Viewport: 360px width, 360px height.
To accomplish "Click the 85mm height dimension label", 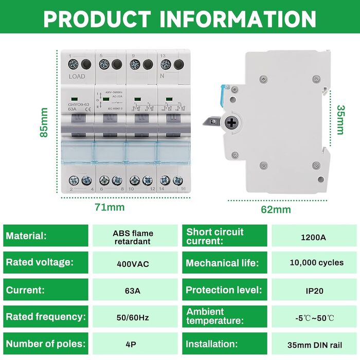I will (x=45, y=122).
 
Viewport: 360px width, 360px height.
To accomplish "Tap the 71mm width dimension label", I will (x=109, y=207).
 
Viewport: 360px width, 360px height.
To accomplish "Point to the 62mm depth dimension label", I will (x=276, y=209).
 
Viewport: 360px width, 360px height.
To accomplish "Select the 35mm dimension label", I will (x=340, y=120).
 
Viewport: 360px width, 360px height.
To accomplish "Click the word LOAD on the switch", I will (x=77, y=77).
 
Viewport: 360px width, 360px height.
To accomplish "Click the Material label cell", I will (x=46, y=236).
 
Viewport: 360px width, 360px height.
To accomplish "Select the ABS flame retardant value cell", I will (x=133, y=237).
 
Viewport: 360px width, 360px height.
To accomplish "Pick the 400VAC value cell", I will (x=133, y=264).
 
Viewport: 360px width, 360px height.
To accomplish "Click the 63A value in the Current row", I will (x=133, y=291).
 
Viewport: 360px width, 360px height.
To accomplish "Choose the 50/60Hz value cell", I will (x=133, y=317).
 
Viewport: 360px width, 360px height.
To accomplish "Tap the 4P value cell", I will (x=133, y=344).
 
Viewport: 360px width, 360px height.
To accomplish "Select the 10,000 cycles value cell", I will (x=316, y=263).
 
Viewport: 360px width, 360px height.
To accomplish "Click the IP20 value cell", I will (x=315, y=291).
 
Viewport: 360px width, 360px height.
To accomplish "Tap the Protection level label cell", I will (x=224, y=290).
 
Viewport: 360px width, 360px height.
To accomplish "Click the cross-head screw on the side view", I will (x=231, y=122).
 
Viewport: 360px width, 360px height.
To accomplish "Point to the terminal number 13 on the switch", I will (x=162, y=55).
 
